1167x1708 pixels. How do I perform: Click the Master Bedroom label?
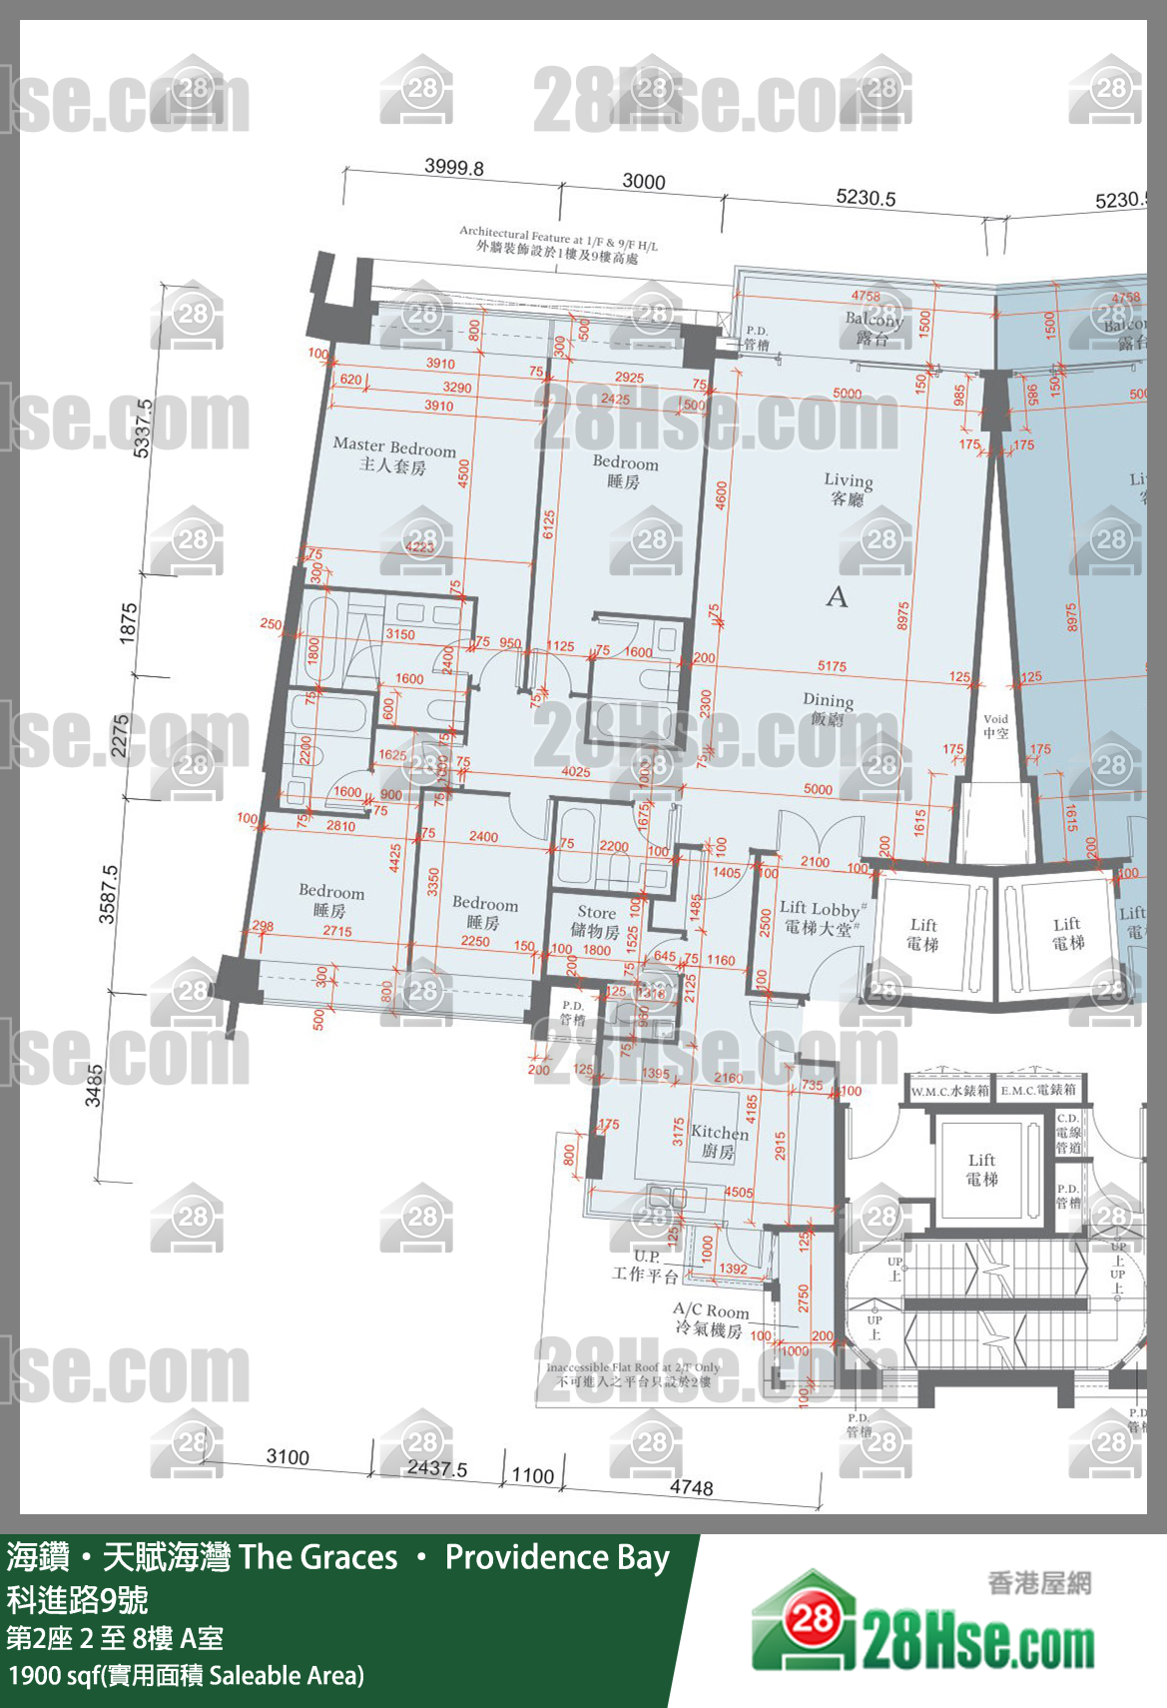[393, 454]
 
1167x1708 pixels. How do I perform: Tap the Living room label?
[848, 488]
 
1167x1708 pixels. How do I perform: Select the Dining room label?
[828, 708]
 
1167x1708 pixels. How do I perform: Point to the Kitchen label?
[719, 1141]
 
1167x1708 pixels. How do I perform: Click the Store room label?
[596, 921]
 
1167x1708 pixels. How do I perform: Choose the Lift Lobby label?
[820, 917]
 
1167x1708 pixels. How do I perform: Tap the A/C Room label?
[710, 1319]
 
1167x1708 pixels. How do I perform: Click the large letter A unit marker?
[837, 597]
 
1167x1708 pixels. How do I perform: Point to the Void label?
[995, 725]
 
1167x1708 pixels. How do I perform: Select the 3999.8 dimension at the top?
[453, 167]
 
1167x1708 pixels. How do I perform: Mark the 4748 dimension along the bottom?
[691, 1487]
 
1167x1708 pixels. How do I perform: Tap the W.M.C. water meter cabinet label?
[949, 1090]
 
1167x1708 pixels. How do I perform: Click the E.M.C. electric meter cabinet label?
[1038, 1090]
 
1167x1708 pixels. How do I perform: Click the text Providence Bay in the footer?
[557, 1557]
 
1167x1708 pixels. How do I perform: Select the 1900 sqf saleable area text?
[186, 1675]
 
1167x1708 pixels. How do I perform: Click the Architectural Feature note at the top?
[558, 244]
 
